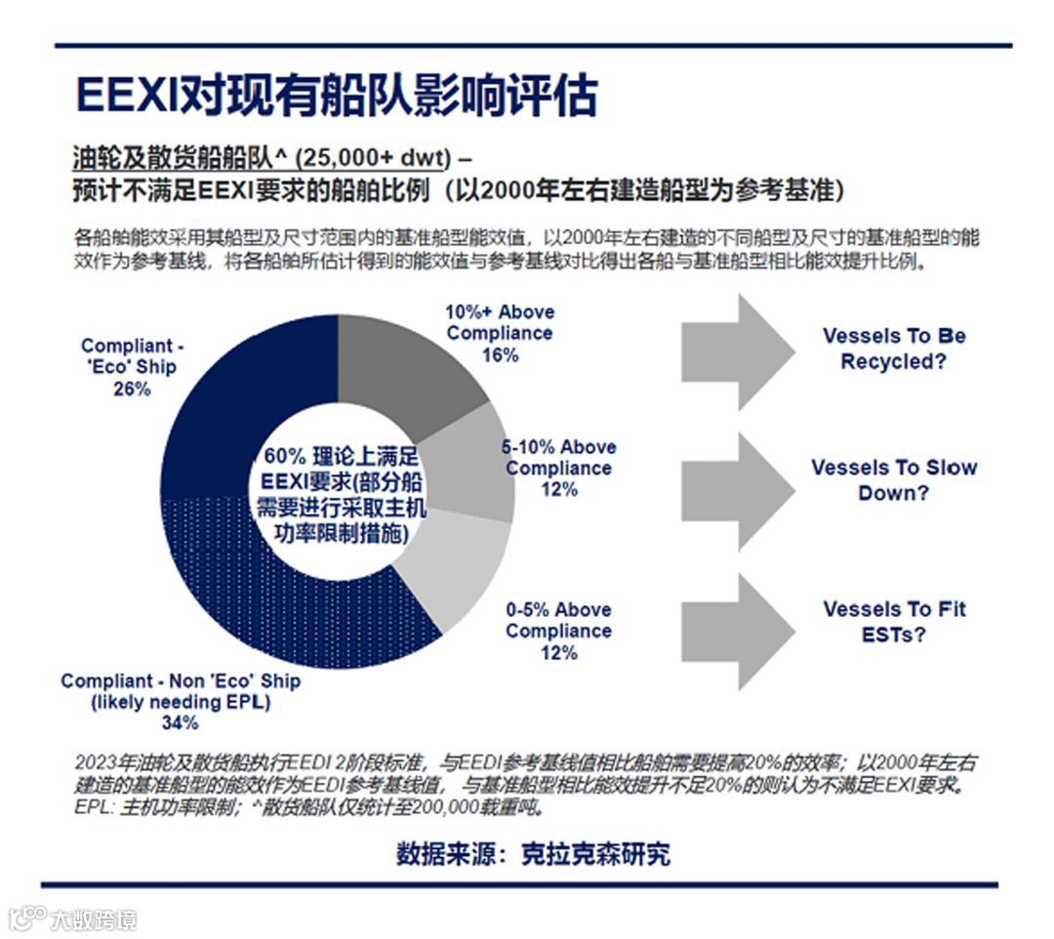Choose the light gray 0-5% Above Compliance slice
point(459,576)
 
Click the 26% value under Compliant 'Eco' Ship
point(133,389)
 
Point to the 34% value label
point(180,723)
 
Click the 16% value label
point(500,355)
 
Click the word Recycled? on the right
point(894,362)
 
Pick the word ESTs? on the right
point(894,634)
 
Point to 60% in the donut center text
point(277,457)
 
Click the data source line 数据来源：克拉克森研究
point(533,854)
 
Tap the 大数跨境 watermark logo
point(73,919)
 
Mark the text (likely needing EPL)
point(181,703)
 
